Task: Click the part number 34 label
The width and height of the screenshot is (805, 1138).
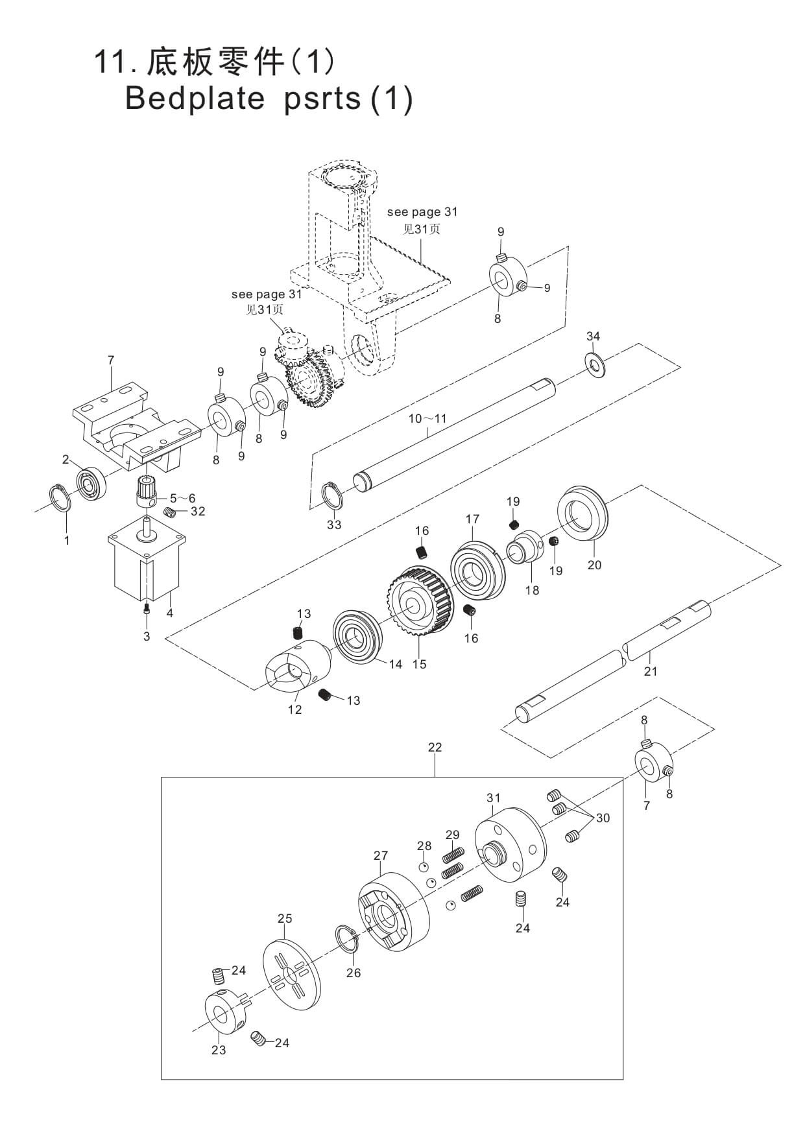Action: tap(593, 336)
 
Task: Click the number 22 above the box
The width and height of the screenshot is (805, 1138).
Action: tap(435, 747)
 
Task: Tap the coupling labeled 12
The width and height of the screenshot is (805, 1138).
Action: tap(296, 667)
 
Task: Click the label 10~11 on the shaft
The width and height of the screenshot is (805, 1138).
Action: tap(427, 418)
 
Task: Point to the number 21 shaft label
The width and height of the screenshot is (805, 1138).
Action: tap(651, 671)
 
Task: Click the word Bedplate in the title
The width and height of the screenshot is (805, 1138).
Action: tap(195, 98)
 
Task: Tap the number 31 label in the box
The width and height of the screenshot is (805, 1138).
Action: tap(494, 797)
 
